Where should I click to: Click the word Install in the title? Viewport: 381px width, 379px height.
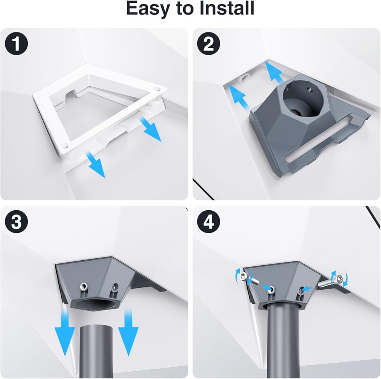tap(227, 8)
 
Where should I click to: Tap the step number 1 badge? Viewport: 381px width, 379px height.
tap(16, 44)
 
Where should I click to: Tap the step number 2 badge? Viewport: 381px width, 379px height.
tap(208, 44)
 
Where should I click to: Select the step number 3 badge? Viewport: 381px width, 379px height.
tap(16, 222)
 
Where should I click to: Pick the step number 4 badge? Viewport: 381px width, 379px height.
tap(208, 222)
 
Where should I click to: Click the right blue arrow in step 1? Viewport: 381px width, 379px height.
tap(150, 129)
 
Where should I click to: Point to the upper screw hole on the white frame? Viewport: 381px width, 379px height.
tap(158, 89)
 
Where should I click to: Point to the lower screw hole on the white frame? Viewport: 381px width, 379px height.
tap(66, 147)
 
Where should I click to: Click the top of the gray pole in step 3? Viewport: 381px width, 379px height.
tap(96, 327)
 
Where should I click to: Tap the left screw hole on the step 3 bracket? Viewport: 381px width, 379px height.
tap(84, 286)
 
